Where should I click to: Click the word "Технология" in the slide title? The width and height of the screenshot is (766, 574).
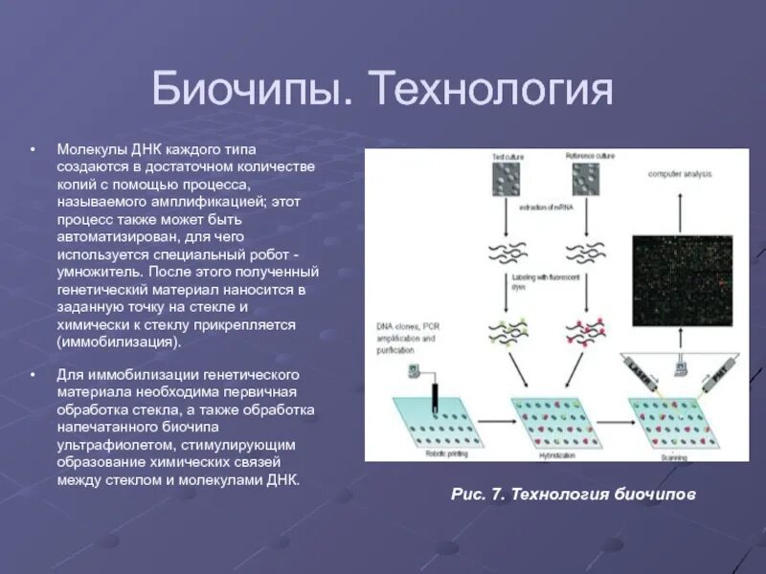tap(492, 91)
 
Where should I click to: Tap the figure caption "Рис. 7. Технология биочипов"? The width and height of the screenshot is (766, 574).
tap(573, 494)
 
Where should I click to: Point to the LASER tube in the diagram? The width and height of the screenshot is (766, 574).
tap(642, 373)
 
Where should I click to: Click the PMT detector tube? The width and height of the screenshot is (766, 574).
tap(719, 370)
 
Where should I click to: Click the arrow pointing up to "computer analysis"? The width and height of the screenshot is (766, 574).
tap(680, 205)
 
